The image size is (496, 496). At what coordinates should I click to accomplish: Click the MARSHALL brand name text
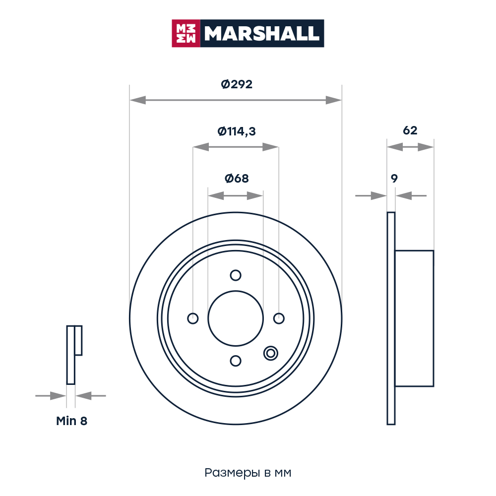coord(261,34)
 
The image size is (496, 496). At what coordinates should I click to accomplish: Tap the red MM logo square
coord(186,34)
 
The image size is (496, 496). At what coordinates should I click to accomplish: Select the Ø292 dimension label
coord(237,84)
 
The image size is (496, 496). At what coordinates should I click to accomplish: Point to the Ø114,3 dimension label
coord(237,131)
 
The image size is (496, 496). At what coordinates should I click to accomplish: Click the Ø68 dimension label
coord(237,179)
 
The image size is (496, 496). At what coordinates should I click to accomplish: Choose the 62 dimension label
coord(410,130)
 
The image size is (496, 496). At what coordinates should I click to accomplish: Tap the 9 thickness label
coord(394,179)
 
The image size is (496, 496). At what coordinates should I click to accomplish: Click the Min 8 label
coord(71,421)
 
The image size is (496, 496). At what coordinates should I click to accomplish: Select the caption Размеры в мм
coord(248,473)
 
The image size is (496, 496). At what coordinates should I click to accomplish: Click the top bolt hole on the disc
coord(236,275)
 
